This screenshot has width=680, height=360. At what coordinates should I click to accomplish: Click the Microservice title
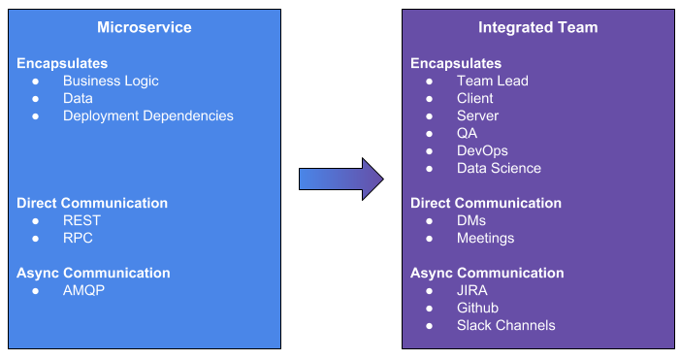(145, 27)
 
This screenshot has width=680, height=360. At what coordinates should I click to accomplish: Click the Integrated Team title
(538, 27)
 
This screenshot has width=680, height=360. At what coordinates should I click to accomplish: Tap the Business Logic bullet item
(111, 82)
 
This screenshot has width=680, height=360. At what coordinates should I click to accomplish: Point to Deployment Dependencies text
(148, 116)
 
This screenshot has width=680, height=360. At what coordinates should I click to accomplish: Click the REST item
(81, 221)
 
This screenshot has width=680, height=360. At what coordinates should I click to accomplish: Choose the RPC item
(80, 239)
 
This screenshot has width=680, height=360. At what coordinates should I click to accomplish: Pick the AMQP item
(83, 291)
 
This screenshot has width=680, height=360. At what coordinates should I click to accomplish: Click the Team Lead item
(492, 82)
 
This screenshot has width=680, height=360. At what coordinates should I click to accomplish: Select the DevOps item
(482, 151)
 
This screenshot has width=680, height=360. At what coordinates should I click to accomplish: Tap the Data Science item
(499, 169)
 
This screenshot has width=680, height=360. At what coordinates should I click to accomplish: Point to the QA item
(467, 134)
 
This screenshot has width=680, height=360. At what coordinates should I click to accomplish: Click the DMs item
(471, 221)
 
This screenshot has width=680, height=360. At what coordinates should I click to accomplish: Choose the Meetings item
(485, 239)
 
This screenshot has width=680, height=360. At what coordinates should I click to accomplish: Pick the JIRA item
(472, 291)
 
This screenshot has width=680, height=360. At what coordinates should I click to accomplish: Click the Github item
(477, 309)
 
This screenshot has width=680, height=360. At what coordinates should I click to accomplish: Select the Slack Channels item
(505, 326)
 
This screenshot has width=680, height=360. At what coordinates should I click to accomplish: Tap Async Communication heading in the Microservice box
(93, 274)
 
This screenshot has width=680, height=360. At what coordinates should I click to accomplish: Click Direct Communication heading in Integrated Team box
(486, 204)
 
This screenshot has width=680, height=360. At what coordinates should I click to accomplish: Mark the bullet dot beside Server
(430, 116)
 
